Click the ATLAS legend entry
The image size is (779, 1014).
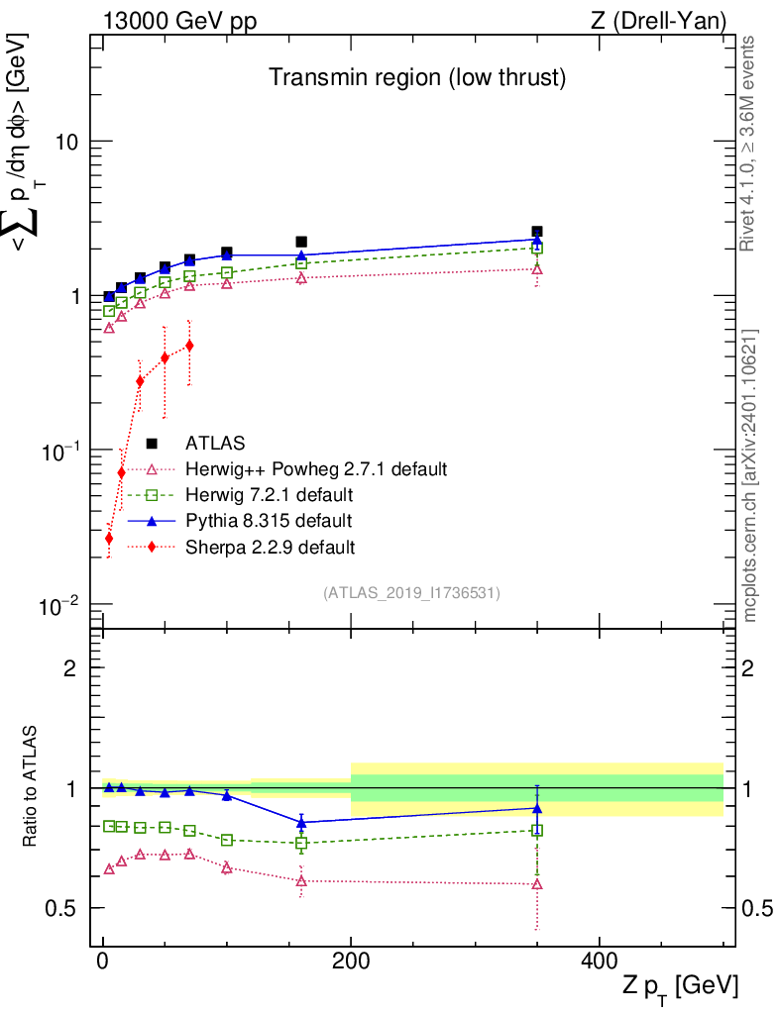click(215, 443)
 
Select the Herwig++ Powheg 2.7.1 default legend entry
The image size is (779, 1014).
click(316, 468)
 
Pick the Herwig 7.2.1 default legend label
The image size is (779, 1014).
click(269, 494)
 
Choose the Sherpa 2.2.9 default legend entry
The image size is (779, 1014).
click(271, 546)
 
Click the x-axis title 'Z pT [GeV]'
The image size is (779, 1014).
click(680, 987)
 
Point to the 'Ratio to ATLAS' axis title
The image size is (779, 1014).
click(32, 788)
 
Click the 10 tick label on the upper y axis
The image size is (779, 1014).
click(65, 142)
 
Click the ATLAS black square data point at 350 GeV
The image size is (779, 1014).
click(536, 232)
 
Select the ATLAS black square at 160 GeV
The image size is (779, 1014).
click(301, 242)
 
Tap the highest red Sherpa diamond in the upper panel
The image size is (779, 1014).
click(189, 346)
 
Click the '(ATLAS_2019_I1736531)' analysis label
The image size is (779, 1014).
click(410, 593)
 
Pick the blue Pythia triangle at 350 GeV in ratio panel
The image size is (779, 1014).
click(536, 808)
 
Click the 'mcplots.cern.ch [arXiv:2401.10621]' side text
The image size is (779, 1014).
click(750, 475)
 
